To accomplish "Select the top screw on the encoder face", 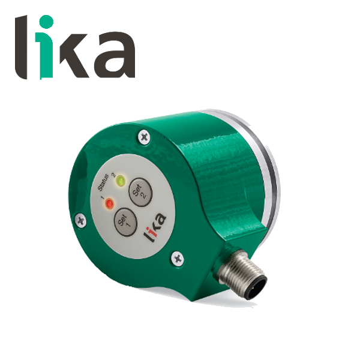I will pos(143,137).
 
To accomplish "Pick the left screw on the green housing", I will pos(81,221).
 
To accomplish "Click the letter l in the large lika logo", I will pos(22,47).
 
